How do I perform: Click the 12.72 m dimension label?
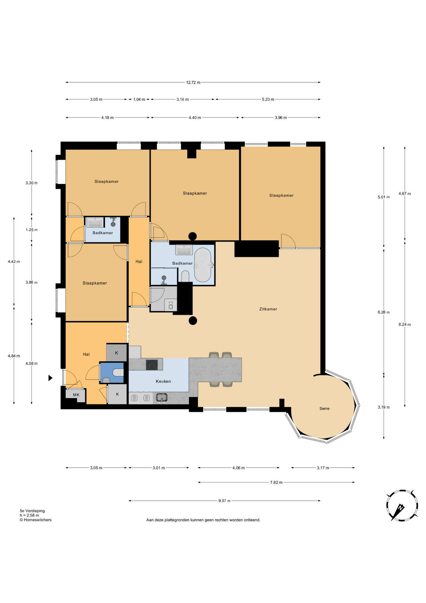pos(193,83)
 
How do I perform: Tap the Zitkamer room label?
pos(268,309)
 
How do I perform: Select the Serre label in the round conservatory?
pos(324,409)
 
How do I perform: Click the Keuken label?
pos(163,381)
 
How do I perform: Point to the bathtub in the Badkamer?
pos(203,265)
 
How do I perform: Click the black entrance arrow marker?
pos(50,378)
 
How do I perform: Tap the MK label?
pos(76,395)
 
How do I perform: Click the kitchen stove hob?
pos(152,365)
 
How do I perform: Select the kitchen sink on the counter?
pos(162,398)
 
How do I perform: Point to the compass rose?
pos(402,505)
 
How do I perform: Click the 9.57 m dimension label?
pos(224,501)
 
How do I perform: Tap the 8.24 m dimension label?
pos(405,324)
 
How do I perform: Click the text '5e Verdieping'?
pos(32,511)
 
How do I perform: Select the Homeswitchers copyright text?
pos(35,520)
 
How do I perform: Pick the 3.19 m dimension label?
pos(384,407)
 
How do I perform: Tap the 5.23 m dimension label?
pos(268,100)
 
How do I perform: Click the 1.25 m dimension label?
pos(31,230)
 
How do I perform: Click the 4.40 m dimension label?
pos(195,118)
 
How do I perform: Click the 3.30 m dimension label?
pos(31,183)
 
